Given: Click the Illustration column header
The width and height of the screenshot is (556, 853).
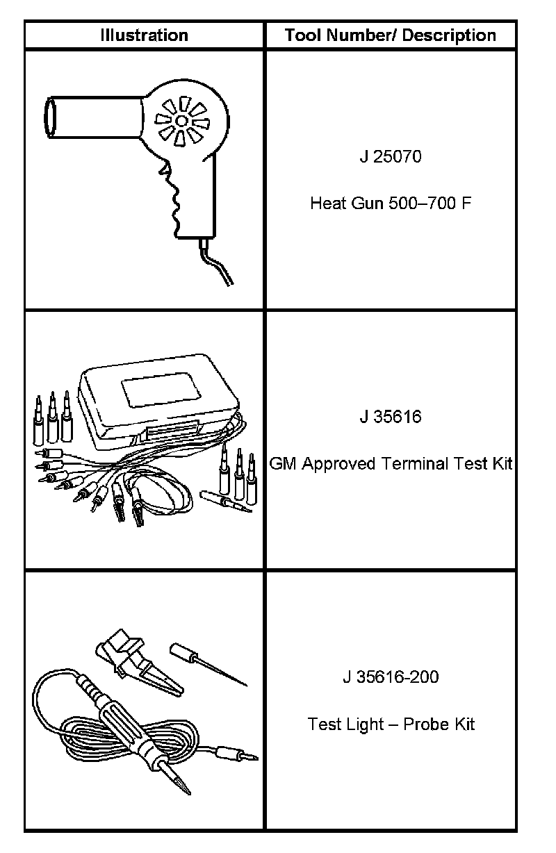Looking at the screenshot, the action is (144, 35).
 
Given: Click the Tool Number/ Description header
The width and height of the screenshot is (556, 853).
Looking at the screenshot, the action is (391, 35).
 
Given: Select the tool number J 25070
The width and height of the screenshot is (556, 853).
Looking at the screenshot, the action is (391, 156).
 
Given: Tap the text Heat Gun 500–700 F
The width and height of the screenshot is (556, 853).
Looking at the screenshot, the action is (391, 204).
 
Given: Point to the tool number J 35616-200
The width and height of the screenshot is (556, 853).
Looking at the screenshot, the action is (391, 677).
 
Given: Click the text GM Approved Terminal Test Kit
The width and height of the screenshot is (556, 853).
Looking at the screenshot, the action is (391, 463).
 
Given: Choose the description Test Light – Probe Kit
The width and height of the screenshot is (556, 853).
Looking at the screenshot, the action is (391, 724).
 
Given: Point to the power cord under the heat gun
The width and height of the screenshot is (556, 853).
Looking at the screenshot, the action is (219, 267).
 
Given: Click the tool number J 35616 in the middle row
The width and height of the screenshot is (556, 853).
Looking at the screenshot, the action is (391, 417).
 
